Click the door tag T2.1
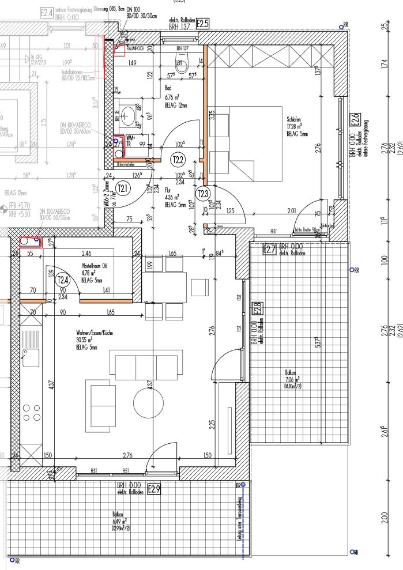pos(123,187)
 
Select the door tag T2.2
pos(178,159)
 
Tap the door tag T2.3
pos(202,193)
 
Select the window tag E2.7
pos(269,249)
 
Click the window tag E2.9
pos(153,490)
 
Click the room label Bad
pos(168,88)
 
